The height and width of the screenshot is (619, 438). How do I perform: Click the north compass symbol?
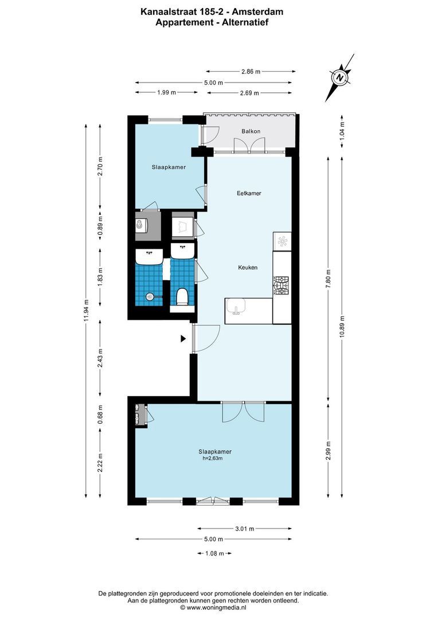pos(340,77)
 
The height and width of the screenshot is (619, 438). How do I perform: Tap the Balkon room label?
pos(251,131)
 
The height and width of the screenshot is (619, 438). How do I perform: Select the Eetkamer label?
pos(249,193)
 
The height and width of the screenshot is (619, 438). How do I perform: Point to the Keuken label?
pos(248,268)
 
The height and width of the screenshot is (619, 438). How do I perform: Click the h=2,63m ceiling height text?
pos(212,459)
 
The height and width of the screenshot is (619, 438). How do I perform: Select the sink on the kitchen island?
pos(235,308)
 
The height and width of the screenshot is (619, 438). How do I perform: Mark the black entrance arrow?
pos(183,339)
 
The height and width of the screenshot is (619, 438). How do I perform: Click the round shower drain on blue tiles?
pos(149,296)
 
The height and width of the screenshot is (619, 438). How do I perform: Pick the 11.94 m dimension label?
pos(86,311)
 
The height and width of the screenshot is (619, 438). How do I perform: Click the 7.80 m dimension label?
pos(328,279)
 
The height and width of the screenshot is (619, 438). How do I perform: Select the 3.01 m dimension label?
pos(245,529)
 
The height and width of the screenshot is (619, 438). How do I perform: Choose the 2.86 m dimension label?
pos(251,72)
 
